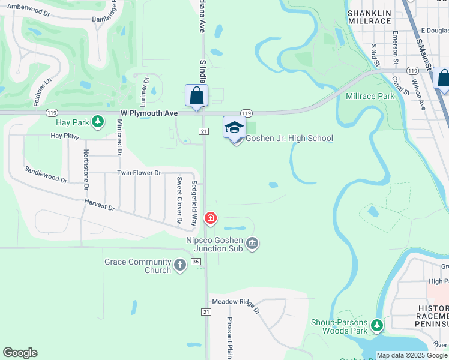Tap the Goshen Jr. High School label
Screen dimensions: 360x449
(289, 139)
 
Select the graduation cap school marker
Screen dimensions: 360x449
(235, 127)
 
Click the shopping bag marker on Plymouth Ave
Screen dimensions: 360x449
(196, 96)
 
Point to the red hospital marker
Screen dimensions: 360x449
(210, 218)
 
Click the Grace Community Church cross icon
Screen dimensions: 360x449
(179, 265)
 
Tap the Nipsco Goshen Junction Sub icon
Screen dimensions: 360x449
(253, 243)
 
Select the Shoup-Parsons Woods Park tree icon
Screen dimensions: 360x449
(376, 326)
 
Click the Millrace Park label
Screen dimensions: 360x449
(370, 96)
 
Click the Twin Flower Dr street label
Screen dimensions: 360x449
(139, 173)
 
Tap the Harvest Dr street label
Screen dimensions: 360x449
(100, 206)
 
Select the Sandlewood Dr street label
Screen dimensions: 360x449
(46, 174)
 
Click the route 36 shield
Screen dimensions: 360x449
(196, 262)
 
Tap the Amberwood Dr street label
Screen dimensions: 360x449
(29, 11)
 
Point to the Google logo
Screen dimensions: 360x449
(20, 353)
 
